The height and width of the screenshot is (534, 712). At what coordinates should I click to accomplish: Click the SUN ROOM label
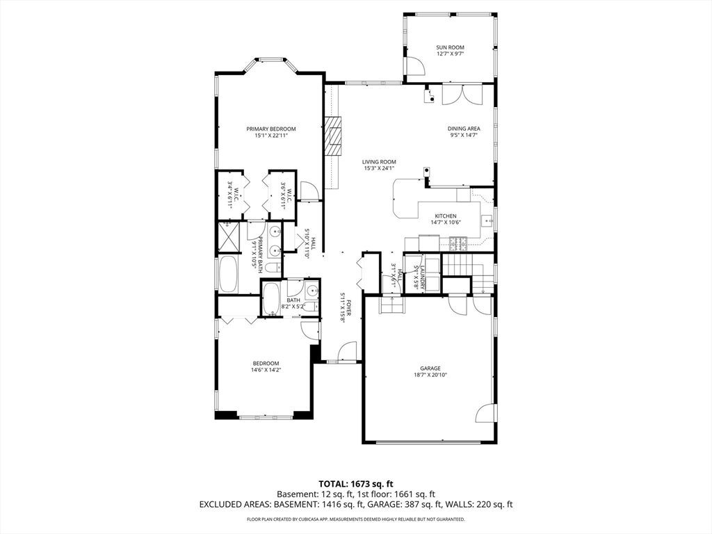tap(450, 47)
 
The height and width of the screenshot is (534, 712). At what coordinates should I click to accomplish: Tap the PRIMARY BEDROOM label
tap(271, 129)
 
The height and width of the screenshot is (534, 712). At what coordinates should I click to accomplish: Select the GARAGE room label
tap(430, 369)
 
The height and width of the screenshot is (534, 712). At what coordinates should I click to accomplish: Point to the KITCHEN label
tap(446, 216)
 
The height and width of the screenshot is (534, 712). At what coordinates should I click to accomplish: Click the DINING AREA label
tap(464, 129)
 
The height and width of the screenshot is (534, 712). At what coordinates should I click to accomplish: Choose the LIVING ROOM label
tap(379, 161)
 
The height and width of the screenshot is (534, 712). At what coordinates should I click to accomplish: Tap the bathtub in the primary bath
tap(228, 275)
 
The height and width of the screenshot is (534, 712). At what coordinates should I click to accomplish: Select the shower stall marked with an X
tap(229, 236)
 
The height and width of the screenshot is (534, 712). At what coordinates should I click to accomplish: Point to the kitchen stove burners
tap(458, 244)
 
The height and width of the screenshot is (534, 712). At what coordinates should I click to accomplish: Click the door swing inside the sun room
tap(415, 66)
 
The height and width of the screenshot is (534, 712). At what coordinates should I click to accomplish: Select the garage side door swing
tap(484, 412)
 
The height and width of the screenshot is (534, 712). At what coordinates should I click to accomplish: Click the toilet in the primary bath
tap(273, 268)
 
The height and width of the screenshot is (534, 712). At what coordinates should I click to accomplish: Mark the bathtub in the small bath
tap(273, 298)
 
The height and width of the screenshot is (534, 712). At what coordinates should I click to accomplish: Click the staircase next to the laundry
tap(468, 273)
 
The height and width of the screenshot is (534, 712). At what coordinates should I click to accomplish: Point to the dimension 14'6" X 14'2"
tap(266, 370)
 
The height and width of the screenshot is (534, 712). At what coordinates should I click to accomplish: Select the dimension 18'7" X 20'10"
tap(430, 375)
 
